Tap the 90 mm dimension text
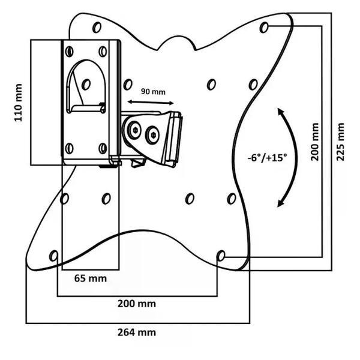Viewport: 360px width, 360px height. click(x=153, y=92)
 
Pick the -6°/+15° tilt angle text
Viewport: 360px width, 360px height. click(x=267, y=157)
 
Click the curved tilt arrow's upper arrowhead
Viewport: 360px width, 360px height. click(x=281, y=111)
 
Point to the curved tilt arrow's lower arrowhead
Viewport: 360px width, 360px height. click(x=280, y=203)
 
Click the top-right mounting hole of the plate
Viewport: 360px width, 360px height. click(x=265, y=27)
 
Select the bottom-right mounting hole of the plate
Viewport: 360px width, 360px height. click(x=221, y=256)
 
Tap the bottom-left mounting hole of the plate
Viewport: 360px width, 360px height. click(x=54, y=256)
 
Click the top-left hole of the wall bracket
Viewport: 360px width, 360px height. click(x=70, y=51)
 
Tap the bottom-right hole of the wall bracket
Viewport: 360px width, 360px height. click(x=103, y=148)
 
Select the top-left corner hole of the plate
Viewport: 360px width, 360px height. click(x=97, y=27)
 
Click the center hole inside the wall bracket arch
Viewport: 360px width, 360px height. click(x=86, y=84)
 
